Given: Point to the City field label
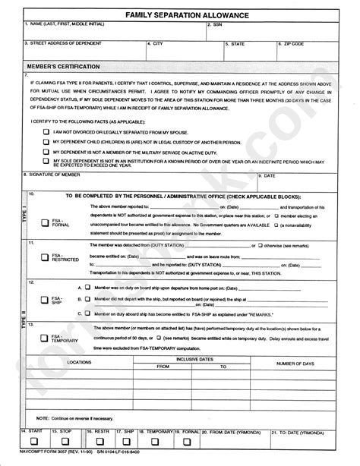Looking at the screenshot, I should coord(157,43).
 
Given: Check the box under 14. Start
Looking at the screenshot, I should coord(34,441).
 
